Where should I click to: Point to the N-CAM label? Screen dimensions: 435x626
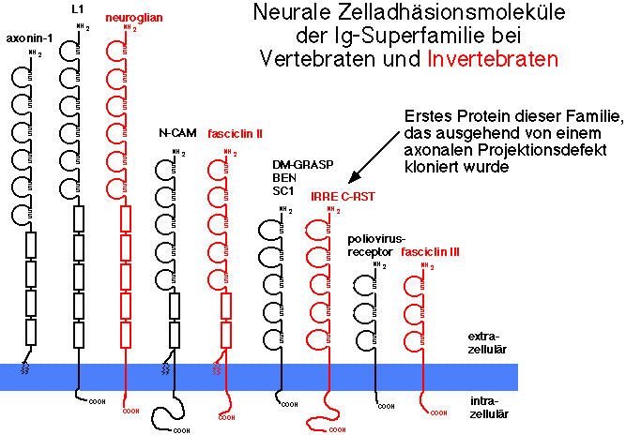coord(176,133)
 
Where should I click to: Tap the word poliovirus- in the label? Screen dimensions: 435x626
coord(374,240)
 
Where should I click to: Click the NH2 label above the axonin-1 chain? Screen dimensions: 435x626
coord(36,53)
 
